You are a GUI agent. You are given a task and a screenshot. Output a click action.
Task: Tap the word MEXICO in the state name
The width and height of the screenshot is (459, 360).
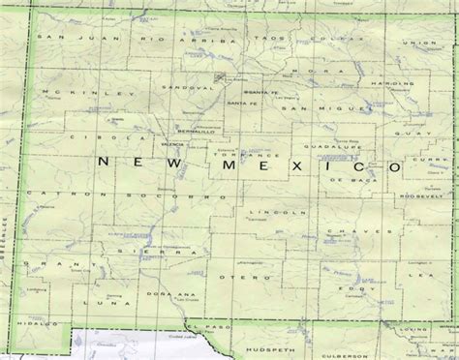point(310,168)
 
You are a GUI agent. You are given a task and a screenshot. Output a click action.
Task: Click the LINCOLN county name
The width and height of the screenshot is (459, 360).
point(263,211)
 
